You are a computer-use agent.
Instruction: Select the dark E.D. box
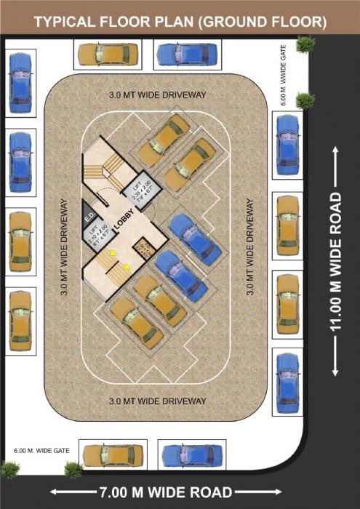(x=90, y=215)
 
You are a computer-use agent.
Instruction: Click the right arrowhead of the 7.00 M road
(x=286, y=492)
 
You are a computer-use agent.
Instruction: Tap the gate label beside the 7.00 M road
(x=41, y=451)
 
